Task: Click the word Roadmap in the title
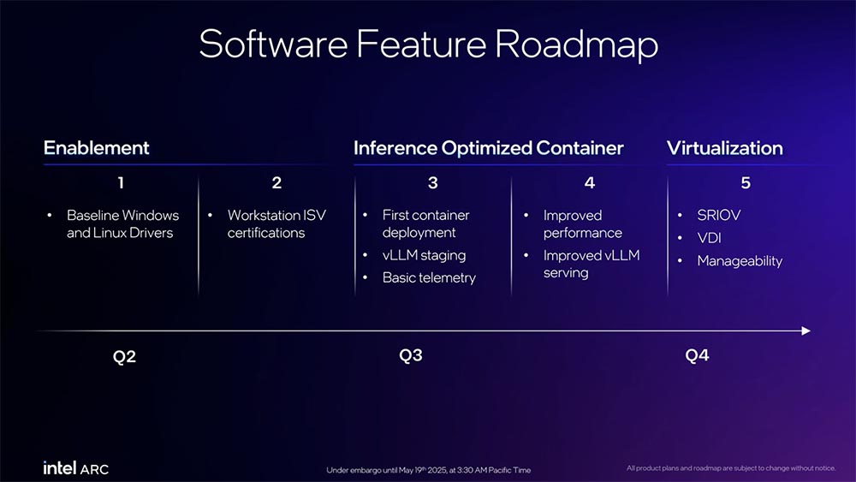click(x=576, y=45)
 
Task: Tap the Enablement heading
click(x=97, y=148)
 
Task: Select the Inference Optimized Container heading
click(x=489, y=148)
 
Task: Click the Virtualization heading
click(x=724, y=148)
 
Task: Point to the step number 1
click(x=121, y=182)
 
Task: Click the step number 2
click(x=276, y=182)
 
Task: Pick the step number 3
click(x=433, y=182)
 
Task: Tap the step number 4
click(x=590, y=182)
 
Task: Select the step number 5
click(x=746, y=182)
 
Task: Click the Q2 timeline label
click(x=124, y=356)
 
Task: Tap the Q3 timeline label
click(x=411, y=355)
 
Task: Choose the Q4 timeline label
click(x=697, y=355)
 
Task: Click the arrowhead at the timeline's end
click(x=805, y=330)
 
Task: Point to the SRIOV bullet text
click(x=718, y=215)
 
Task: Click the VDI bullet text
click(x=709, y=238)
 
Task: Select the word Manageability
click(x=740, y=261)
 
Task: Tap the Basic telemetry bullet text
click(x=429, y=278)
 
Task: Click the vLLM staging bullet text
click(x=425, y=255)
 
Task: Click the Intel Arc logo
click(x=76, y=468)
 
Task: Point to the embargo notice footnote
click(x=429, y=470)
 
